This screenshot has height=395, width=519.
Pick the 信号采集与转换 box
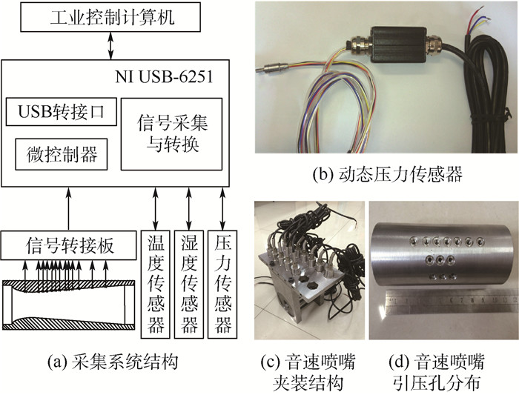(171, 134)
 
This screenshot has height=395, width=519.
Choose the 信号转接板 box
(70, 245)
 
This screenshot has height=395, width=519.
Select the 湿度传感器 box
(188, 285)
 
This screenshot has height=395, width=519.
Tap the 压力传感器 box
(224, 285)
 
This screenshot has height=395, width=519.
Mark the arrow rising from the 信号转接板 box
(68, 210)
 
